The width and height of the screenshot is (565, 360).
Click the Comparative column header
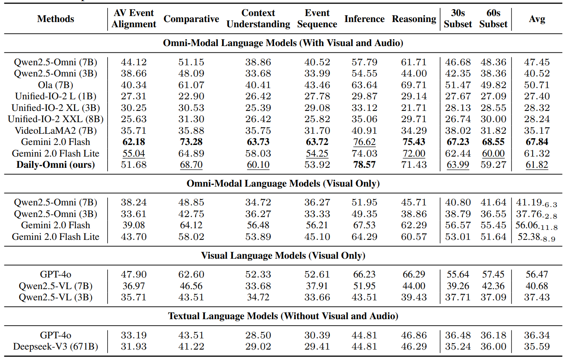click(x=191, y=19)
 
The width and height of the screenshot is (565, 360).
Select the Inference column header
click(x=364, y=19)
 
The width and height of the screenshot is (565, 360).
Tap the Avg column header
click(x=537, y=19)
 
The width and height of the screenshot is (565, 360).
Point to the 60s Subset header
click(x=493, y=19)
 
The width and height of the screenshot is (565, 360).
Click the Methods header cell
click(x=56, y=19)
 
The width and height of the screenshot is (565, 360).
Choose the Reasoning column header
click(x=414, y=19)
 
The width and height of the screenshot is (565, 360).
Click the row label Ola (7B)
click(x=56, y=85)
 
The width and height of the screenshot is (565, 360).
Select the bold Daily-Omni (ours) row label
click(x=56, y=165)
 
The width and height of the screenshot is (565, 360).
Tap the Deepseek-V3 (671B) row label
click(x=56, y=346)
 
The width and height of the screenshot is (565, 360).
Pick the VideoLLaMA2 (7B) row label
click(x=56, y=131)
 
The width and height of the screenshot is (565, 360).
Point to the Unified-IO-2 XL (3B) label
click(x=56, y=108)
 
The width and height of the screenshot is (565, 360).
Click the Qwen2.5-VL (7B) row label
click(x=56, y=286)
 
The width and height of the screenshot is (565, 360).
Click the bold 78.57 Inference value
click(x=364, y=165)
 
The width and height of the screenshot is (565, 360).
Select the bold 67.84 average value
click(x=537, y=142)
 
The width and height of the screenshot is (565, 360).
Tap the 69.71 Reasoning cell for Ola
click(x=414, y=85)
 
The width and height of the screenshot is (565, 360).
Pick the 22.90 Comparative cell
click(x=191, y=96)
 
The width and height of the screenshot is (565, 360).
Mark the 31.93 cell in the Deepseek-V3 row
click(x=134, y=346)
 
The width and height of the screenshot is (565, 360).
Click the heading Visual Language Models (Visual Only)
click(x=283, y=255)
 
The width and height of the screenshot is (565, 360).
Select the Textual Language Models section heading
click(x=283, y=316)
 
